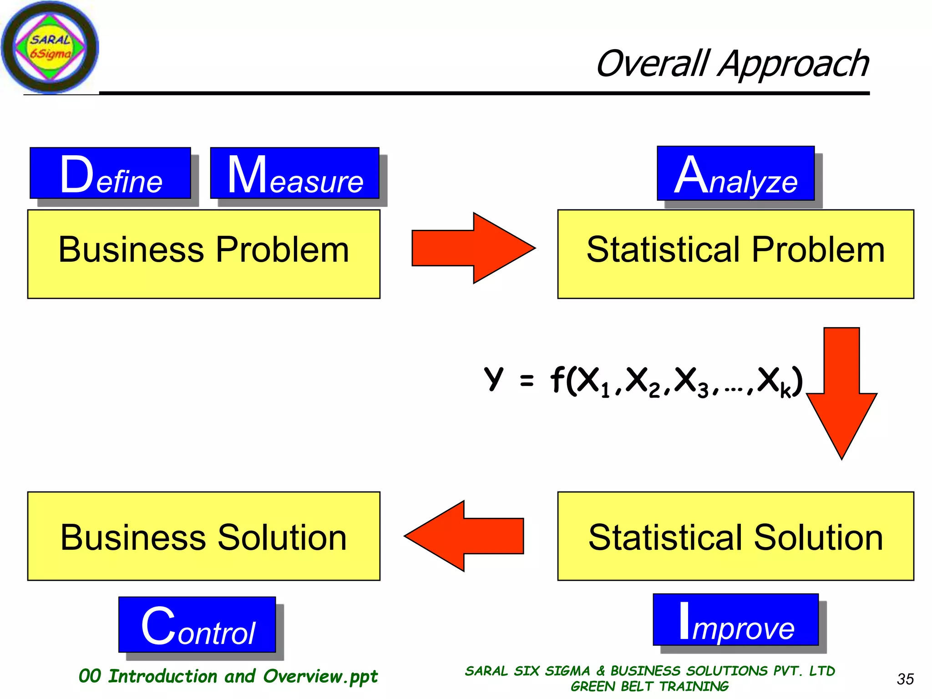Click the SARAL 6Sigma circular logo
point(50,47)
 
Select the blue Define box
point(110,173)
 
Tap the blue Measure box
point(294,173)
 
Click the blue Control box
point(197,625)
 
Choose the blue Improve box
point(735,620)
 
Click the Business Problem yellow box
point(203,254)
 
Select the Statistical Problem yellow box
point(735,254)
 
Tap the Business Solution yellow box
point(203,536)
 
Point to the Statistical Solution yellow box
point(735,536)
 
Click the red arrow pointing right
point(473,248)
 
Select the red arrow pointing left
point(464,536)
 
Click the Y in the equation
point(494,379)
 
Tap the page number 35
point(905,679)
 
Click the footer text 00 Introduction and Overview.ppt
point(228,677)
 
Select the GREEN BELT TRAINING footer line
point(649,686)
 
